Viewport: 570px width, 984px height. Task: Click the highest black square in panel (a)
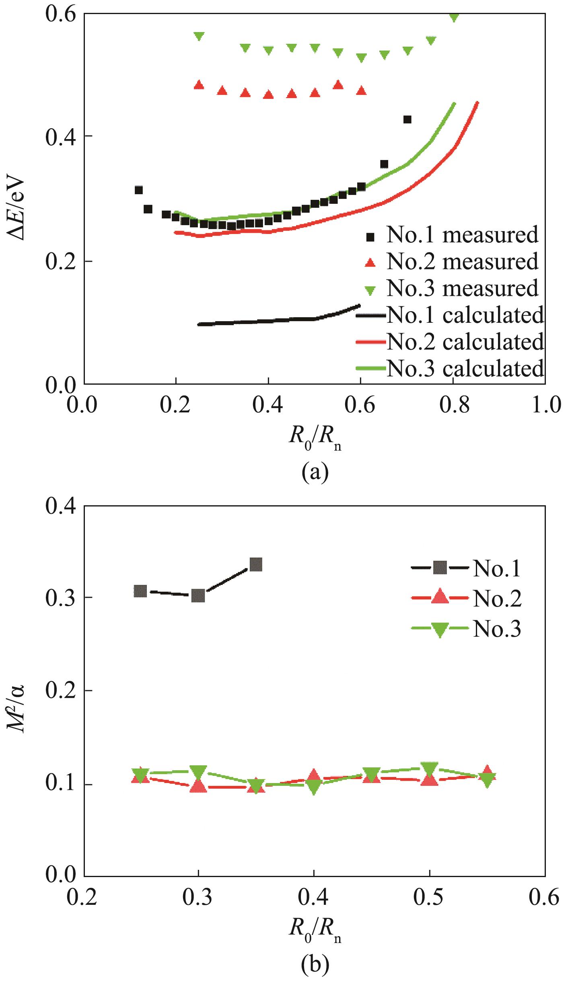(x=407, y=119)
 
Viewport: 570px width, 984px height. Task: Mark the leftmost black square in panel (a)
(x=139, y=190)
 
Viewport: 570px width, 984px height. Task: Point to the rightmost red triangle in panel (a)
(x=362, y=90)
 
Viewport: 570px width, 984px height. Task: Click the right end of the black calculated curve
(x=359, y=305)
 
